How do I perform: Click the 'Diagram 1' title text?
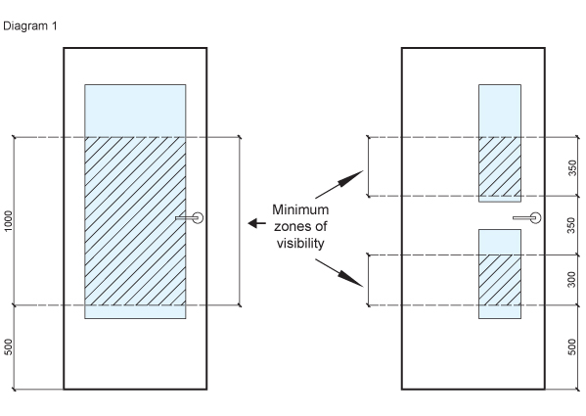pyautogui.click(x=30, y=25)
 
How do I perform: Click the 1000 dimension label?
pyautogui.click(x=10, y=221)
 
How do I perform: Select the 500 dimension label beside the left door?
pyautogui.click(x=10, y=347)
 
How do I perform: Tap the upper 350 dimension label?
pyautogui.click(x=572, y=167)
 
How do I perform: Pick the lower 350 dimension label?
pyautogui.click(x=572, y=225)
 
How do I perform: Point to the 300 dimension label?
pyautogui.click(x=572, y=280)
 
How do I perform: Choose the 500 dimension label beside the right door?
pyautogui.click(x=572, y=347)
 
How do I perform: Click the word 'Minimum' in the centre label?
pyautogui.click(x=300, y=210)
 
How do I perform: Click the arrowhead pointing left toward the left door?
pyautogui.click(x=248, y=224)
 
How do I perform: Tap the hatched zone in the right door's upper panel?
pyautogui.click(x=499, y=166)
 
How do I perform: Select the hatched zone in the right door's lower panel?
pyautogui.click(x=499, y=280)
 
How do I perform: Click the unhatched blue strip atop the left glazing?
pyautogui.click(x=134, y=111)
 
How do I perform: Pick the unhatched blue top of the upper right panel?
pyautogui.click(x=499, y=110)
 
